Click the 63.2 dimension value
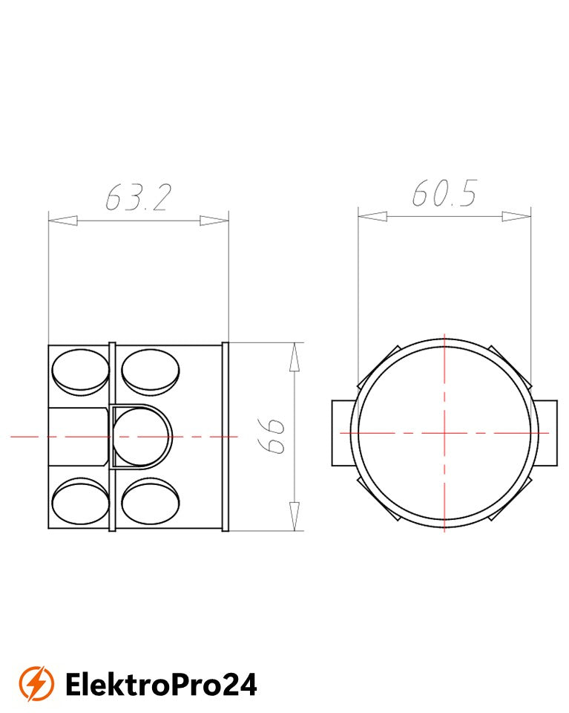point(139,198)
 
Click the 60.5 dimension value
point(444,193)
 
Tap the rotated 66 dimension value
point(271,436)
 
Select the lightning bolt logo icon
point(36,683)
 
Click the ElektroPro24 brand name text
point(161,684)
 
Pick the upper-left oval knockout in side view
point(81,372)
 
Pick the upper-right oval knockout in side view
point(151,372)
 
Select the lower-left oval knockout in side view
point(81,501)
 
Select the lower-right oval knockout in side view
point(151,501)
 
